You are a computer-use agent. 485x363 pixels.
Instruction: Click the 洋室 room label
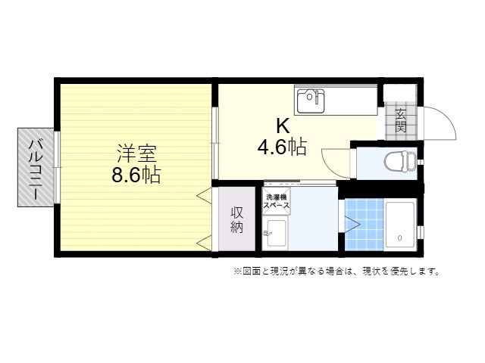[x=136, y=154]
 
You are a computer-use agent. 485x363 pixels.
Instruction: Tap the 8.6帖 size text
[x=136, y=175]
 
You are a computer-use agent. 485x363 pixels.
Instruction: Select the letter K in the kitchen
[x=283, y=126]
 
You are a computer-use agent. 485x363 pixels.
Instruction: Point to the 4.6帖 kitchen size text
[x=282, y=147]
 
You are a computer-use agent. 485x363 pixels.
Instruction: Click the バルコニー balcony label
[x=36, y=169]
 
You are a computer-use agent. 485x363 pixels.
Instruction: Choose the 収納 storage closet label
[x=237, y=220]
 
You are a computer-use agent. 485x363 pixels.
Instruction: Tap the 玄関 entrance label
[x=401, y=120]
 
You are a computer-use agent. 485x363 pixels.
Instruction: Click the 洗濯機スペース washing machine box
[x=276, y=201]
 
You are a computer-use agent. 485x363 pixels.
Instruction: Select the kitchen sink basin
[x=311, y=101]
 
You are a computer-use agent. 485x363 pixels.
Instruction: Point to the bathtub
[x=399, y=225]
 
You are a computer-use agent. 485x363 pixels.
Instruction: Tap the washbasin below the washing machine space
[x=275, y=233]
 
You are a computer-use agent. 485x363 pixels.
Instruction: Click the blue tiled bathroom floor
[x=364, y=225]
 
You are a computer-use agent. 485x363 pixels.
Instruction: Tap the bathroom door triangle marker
[x=352, y=225]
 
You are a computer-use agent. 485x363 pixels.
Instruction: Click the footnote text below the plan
[x=336, y=271]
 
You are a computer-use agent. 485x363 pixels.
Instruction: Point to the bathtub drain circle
[x=400, y=238]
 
